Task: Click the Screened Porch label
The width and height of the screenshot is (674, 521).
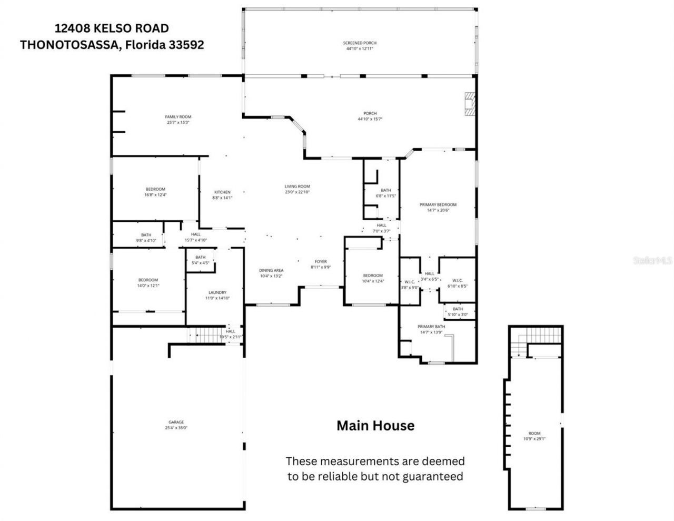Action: (x=360, y=43)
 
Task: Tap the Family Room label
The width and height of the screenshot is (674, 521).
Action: (x=178, y=117)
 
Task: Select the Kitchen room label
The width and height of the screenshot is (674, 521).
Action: (x=222, y=192)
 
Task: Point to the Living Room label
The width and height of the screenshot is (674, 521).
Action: (x=297, y=186)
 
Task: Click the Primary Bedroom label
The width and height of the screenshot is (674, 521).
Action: (x=438, y=204)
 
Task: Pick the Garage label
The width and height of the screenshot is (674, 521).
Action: (x=176, y=422)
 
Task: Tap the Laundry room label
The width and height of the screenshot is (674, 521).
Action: (x=217, y=292)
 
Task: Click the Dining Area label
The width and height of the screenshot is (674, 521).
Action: (x=272, y=270)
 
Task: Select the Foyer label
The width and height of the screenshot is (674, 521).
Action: (x=321, y=261)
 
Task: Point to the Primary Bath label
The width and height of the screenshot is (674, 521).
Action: (x=431, y=327)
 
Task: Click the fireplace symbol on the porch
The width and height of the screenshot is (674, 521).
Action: (x=469, y=103)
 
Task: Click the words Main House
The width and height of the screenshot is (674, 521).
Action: (x=375, y=426)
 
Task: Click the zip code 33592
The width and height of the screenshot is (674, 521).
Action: (x=186, y=45)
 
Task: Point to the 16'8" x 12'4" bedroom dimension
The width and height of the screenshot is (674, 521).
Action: (x=155, y=195)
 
